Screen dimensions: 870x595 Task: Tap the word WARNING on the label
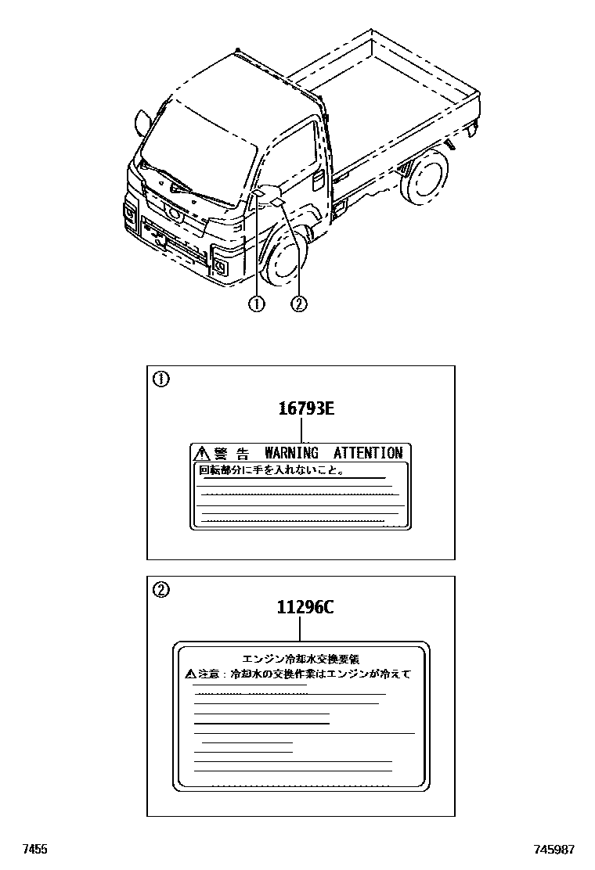click(291, 453)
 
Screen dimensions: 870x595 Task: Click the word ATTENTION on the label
click(367, 453)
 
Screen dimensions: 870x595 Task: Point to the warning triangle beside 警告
click(201, 453)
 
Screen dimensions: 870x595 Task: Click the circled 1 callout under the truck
click(256, 304)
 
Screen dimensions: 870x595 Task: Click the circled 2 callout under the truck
click(298, 304)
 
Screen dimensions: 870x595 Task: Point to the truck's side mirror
click(142, 121)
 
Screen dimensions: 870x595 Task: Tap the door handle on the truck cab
click(319, 179)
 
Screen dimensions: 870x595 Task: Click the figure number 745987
click(555, 850)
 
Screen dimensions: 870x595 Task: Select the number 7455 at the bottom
click(35, 850)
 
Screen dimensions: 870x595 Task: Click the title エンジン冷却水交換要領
click(301, 660)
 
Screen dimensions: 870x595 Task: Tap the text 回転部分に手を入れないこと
click(270, 472)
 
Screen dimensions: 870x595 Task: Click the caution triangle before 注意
click(190, 673)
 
